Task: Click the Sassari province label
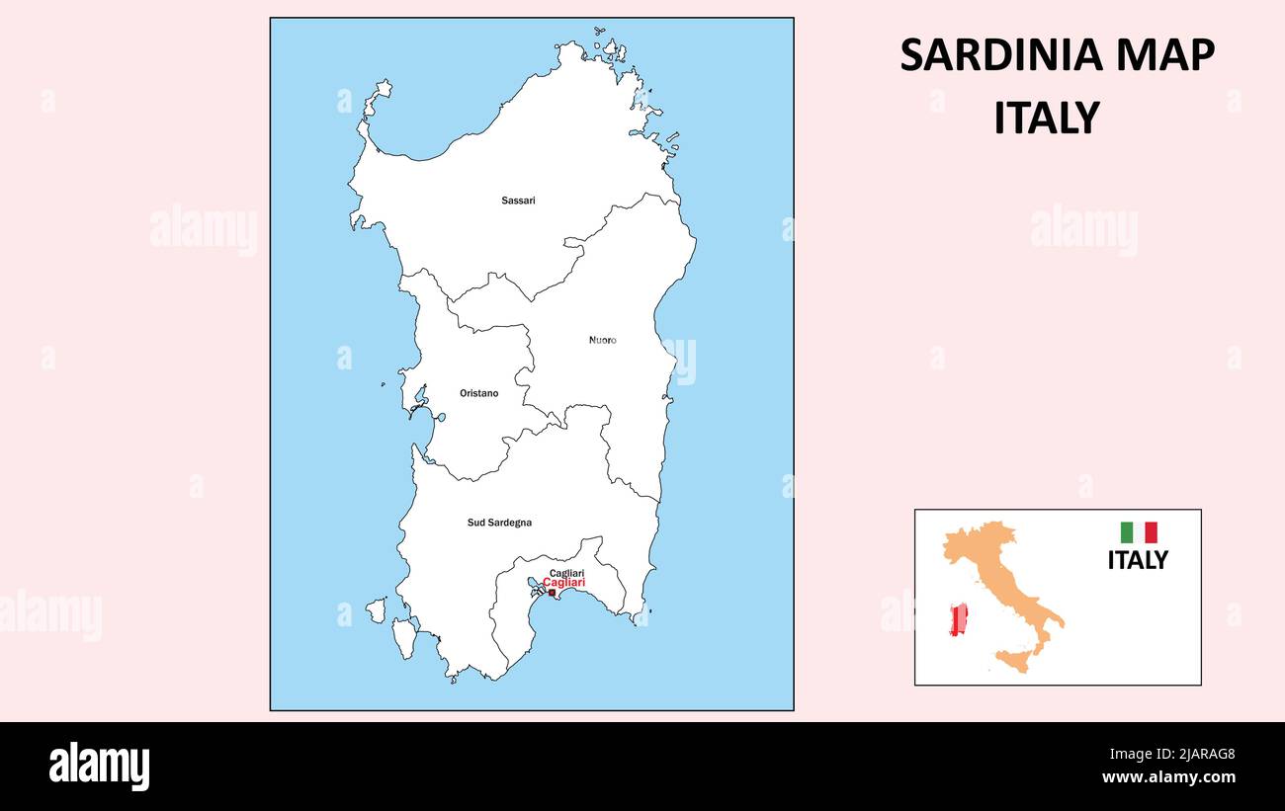pyautogui.click(x=518, y=201)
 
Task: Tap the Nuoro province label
pyautogui.click(x=602, y=340)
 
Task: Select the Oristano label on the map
pyautogui.click(x=478, y=393)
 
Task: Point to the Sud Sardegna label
pyautogui.click(x=499, y=523)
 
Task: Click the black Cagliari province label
pyautogui.click(x=566, y=573)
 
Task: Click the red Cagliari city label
pyautogui.click(x=563, y=583)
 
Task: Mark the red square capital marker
pyautogui.click(x=552, y=593)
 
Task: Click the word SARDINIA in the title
pyautogui.click(x=1001, y=55)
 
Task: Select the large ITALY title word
pyautogui.click(x=1046, y=119)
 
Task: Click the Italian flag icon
pyautogui.click(x=1138, y=532)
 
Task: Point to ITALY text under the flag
pyautogui.click(x=1137, y=560)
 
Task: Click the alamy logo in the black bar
pyautogui.click(x=99, y=767)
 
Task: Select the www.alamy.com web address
pyautogui.click(x=1168, y=777)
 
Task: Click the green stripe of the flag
pyautogui.click(x=1126, y=532)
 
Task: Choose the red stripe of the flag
pyautogui.click(x=1151, y=532)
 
